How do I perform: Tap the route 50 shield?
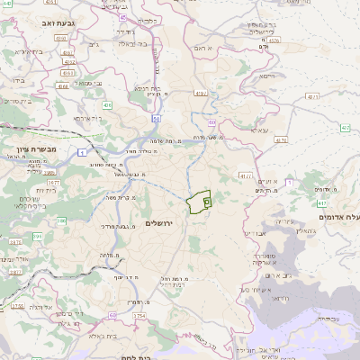coord(157,118)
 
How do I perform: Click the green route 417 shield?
coord(345,129)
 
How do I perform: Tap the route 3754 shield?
coord(139,317)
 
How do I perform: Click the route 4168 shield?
coord(61,86)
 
